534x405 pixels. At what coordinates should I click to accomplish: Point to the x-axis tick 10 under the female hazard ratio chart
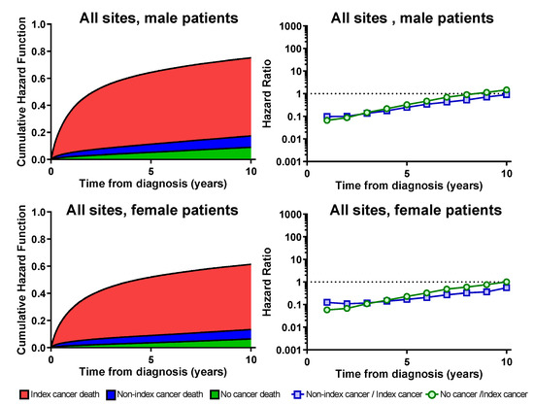(506, 356)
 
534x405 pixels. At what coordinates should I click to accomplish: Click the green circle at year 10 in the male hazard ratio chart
(506, 90)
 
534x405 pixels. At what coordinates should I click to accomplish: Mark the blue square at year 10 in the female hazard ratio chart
(506, 287)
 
